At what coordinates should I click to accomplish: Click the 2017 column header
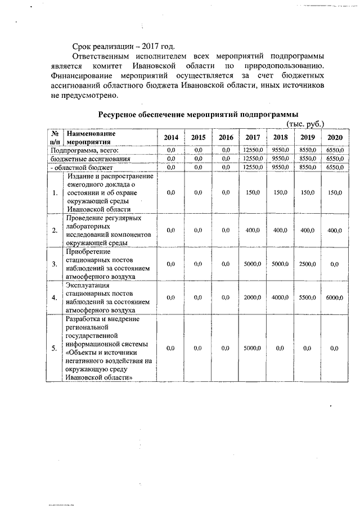point(253,138)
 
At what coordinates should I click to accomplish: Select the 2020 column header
point(335,138)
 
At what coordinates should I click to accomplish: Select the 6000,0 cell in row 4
point(335,298)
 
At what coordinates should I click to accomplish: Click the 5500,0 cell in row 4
point(307,298)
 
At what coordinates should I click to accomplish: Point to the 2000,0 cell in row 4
point(253,298)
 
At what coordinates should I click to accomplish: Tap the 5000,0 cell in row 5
point(253,349)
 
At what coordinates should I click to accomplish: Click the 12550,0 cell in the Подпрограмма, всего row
point(253,151)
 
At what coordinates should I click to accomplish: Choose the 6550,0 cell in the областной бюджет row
point(335,168)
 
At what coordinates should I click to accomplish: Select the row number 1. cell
point(55,193)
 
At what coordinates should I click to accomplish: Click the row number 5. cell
point(55,349)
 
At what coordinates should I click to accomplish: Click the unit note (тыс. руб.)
point(305,124)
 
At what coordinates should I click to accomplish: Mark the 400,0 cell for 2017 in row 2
point(253,231)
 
